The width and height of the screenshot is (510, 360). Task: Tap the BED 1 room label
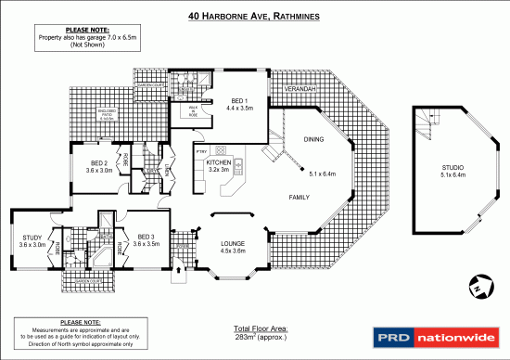(239, 100)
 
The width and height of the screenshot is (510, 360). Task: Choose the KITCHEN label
(218, 163)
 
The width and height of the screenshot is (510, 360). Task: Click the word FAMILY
(299, 198)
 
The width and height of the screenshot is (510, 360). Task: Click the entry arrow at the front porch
(180, 273)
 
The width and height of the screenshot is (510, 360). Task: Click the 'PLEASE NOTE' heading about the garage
(77, 31)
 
